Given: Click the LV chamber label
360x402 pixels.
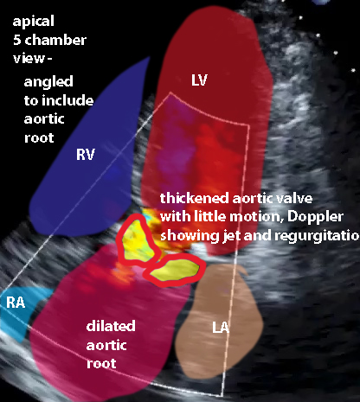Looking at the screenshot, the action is (199, 80).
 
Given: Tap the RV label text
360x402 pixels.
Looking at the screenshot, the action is (86, 155).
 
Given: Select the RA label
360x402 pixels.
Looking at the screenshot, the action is (16, 303).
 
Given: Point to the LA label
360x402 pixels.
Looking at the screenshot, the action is (221, 328).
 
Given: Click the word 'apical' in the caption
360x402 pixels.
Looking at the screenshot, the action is (34, 22).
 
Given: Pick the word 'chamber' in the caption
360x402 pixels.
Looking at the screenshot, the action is (55, 40).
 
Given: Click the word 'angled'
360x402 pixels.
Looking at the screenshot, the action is (48, 82).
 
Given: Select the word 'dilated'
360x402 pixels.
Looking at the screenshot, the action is (111, 326).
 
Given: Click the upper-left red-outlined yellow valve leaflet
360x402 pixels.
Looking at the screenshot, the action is (136, 242).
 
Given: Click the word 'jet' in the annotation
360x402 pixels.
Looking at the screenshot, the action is (231, 236).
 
